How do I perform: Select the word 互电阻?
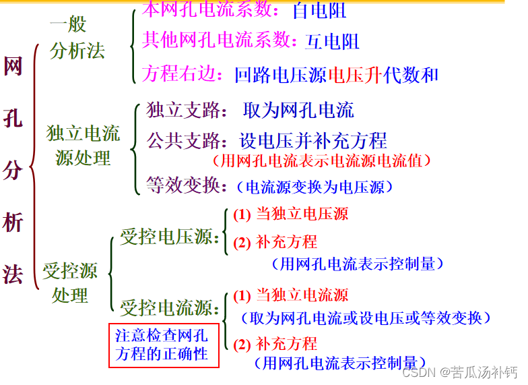click(x=332, y=42)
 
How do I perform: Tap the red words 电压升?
click(x=355, y=75)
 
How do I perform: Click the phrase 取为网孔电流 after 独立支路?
click(x=298, y=110)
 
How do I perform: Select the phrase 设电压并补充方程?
click(x=313, y=140)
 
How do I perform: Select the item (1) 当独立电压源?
click(x=291, y=214)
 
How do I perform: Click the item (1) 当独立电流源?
click(x=291, y=295)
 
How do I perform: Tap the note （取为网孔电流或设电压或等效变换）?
click(x=366, y=318)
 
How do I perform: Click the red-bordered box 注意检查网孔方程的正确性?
click(x=164, y=345)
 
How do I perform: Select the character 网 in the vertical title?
click(x=13, y=67)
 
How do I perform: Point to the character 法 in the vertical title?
click(x=13, y=274)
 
